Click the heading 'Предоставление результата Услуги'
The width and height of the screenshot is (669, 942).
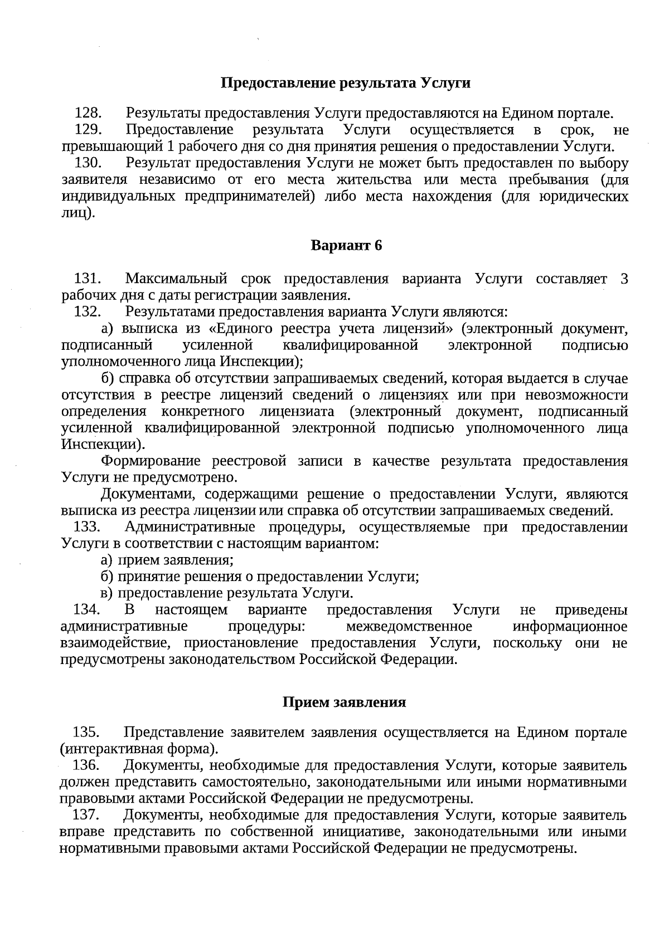(x=346, y=84)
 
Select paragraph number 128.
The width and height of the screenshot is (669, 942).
(x=88, y=114)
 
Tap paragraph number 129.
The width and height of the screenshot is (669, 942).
(x=88, y=130)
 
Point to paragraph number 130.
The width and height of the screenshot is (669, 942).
(x=88, y=163)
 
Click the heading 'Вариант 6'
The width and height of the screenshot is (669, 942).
(x=346, y=246)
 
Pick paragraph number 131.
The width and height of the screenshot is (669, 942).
(x=87, y=279)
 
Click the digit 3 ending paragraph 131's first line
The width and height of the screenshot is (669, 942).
(x=624, y=279)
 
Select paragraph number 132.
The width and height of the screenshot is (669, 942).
(x=87, y=312)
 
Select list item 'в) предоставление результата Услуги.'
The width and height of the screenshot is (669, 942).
(x=227, y=593)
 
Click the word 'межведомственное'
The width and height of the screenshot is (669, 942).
(x=409, y=627)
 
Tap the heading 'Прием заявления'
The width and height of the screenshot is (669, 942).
(x=344, y=702)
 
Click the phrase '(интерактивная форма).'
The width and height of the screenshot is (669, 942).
(x=139, y=749)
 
